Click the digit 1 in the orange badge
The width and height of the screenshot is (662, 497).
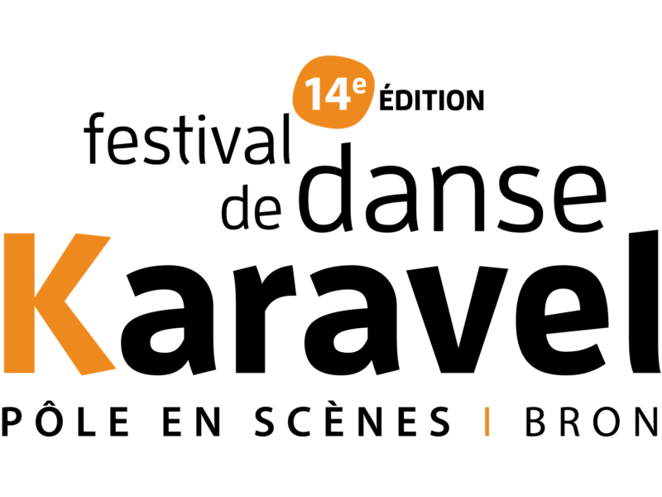coord(315,94)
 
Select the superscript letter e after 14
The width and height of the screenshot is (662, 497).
coord(358,84)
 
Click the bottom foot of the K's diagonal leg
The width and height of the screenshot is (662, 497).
coord(98,370)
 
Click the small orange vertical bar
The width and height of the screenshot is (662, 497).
coord(487,422)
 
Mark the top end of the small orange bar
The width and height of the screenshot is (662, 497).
coord(487,408)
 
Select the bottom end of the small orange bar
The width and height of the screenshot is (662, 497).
coord(487,435)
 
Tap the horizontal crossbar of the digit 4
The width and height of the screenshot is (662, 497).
coord(338,102)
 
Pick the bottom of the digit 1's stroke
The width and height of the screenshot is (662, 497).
coord(317,109)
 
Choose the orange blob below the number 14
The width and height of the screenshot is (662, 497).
coord(333,120)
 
